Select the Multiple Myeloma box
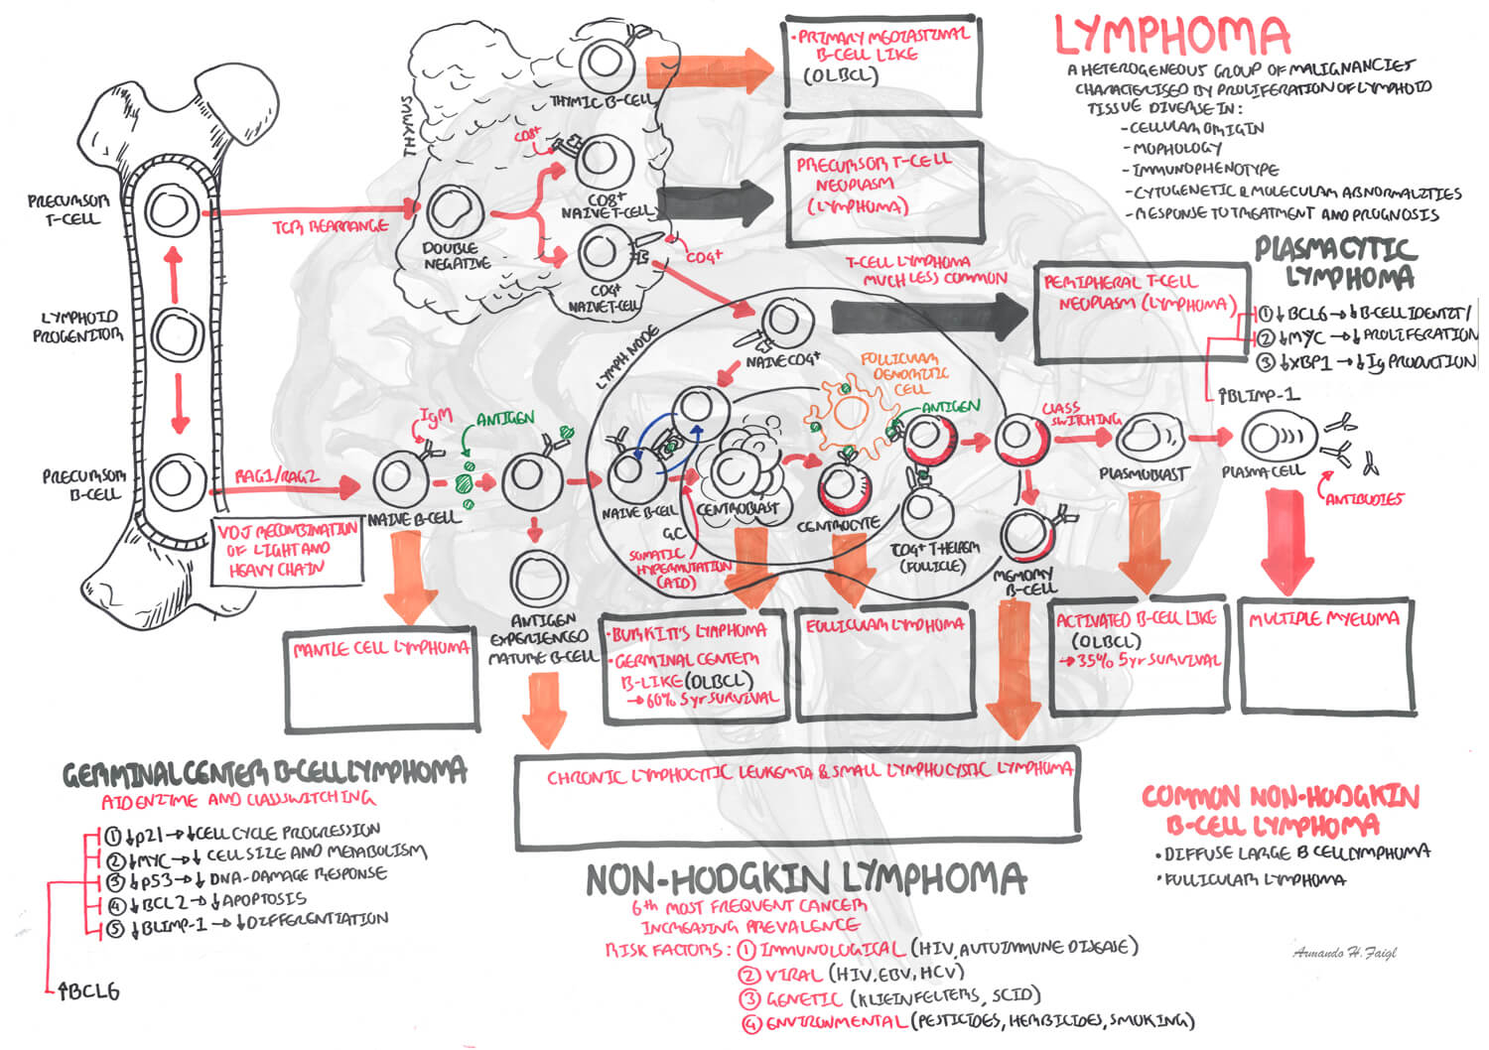(1325, 654)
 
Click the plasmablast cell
(1150, 439)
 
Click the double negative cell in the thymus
(455, 211)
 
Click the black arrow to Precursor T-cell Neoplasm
(715, 203)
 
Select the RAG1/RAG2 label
(276, 476)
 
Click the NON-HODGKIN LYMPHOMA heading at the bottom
(805, 878)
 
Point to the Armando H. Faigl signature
(1345, 952)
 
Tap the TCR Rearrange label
(331, 226)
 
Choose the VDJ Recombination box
(287, 549)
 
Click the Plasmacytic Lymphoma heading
(1335, 261)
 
